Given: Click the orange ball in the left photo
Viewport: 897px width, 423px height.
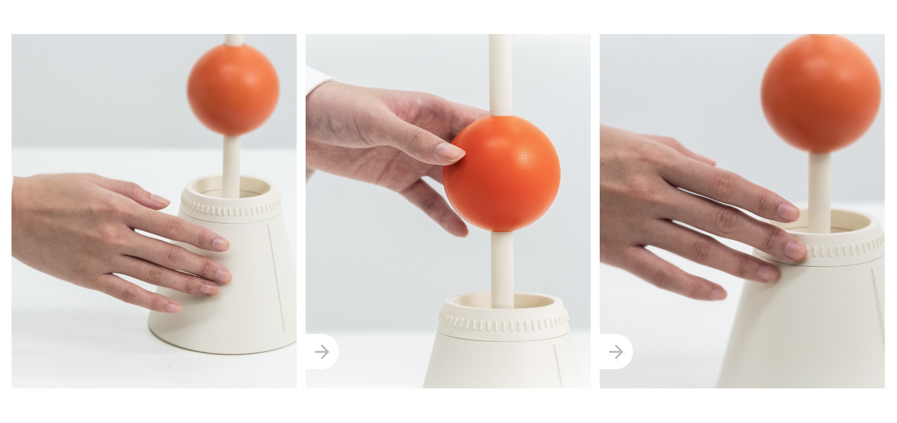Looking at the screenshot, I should (233, 90).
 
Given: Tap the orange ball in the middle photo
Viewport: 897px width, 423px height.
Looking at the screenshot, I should (502, 173).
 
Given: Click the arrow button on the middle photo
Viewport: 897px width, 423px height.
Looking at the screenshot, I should (322, 352).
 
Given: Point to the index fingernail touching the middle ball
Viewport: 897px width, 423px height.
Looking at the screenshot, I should (450, 152).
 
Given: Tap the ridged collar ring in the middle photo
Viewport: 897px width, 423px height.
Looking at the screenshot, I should (504, 322).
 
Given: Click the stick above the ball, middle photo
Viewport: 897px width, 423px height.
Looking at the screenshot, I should (500, 74).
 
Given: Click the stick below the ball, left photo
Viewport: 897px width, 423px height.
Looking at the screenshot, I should (231, 163).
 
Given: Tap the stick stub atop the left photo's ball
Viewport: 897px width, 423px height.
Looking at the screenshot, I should (234, 40).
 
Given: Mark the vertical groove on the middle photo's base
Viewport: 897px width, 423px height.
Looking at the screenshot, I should (558, 365).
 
